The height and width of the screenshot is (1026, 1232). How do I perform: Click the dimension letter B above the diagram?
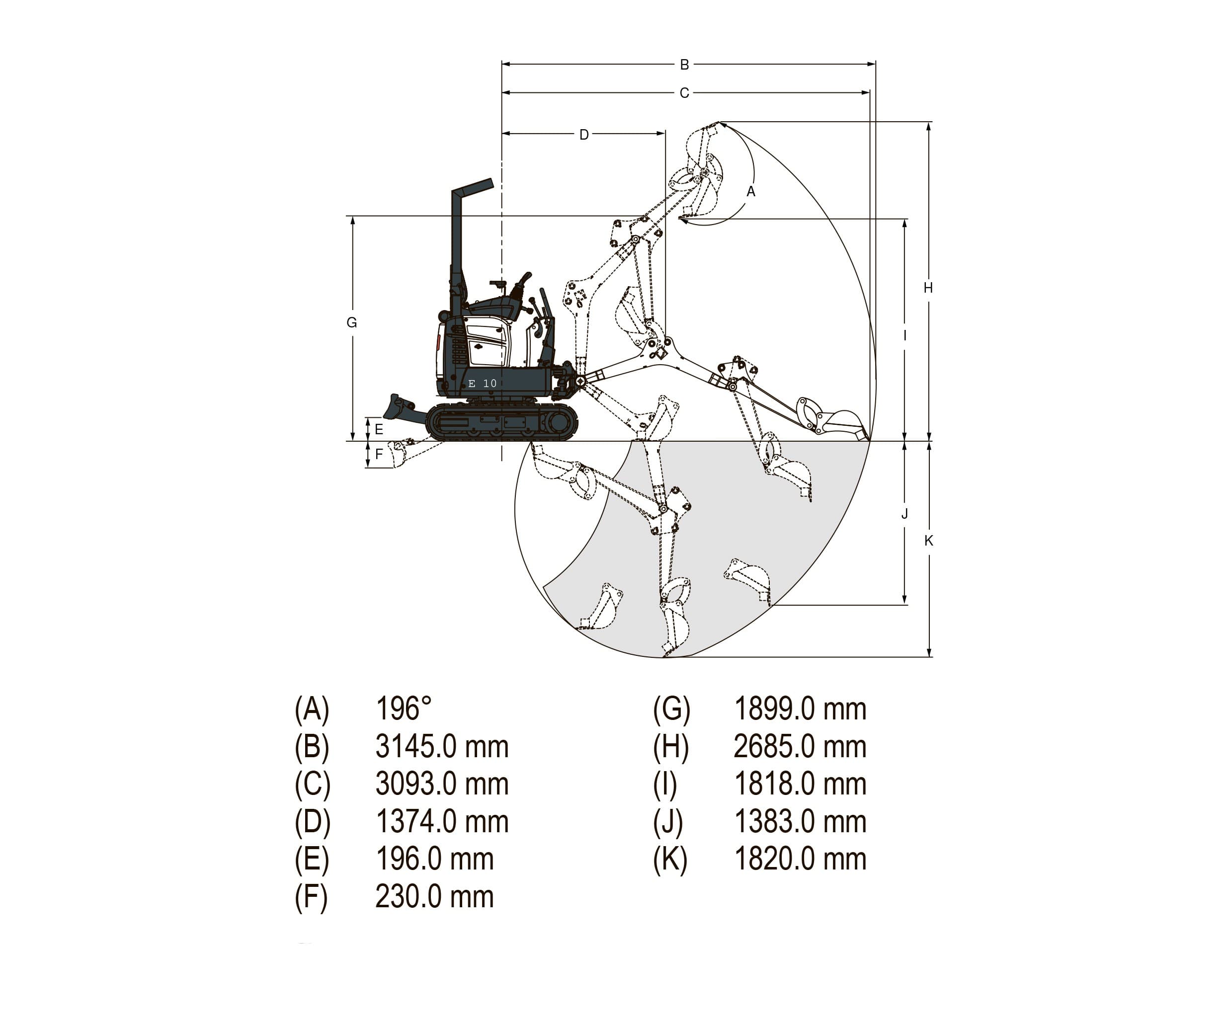coord(684,65)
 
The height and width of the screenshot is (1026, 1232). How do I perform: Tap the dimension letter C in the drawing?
coord(684,93)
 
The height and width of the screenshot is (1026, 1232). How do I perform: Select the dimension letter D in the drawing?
coord(584,134)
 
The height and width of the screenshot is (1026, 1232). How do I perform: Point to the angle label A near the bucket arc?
coord(750,191)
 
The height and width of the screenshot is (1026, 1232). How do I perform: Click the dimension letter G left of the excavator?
coord(351,322)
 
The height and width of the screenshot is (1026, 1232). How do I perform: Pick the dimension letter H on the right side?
coord(928,288)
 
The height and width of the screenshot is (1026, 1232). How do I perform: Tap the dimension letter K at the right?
coord(928,540)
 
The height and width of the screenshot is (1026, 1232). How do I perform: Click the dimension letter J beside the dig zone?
coord(904,513)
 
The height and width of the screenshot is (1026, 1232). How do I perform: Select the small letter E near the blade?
coord(379,429)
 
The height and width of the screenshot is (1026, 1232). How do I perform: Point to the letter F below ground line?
coord(379,454)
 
